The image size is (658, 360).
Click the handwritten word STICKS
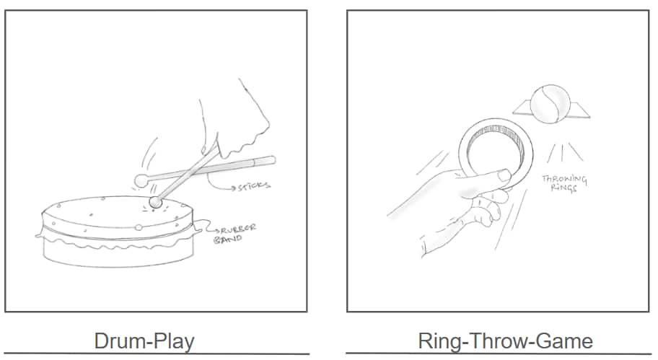click(254, 185)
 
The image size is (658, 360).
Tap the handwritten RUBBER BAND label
click(235, 234)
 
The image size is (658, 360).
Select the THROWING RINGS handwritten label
click(564, 183)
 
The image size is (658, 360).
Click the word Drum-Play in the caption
click(144, 341)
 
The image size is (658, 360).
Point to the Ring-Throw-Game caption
click(505, 341)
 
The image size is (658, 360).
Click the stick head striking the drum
click(156, 202)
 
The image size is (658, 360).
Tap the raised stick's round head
click(141, 181)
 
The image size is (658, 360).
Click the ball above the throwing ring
click(550, 104)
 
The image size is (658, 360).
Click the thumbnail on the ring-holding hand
click(504, 175)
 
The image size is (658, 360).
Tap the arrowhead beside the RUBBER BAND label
click(218, 230)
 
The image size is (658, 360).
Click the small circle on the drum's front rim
click(139, 228)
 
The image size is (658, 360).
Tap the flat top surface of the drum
click(113, 212)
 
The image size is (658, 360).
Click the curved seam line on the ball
click(550, 102)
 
